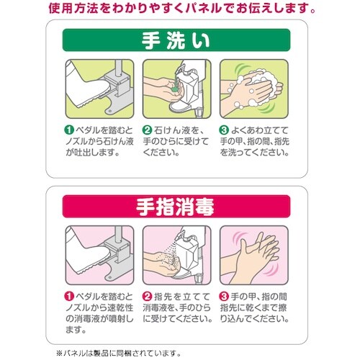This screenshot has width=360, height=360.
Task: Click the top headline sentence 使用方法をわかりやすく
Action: coord(180,9)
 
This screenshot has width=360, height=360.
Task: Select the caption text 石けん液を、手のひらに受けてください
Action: coord(177,142)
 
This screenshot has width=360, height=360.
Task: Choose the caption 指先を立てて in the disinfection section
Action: coord(177,307)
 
